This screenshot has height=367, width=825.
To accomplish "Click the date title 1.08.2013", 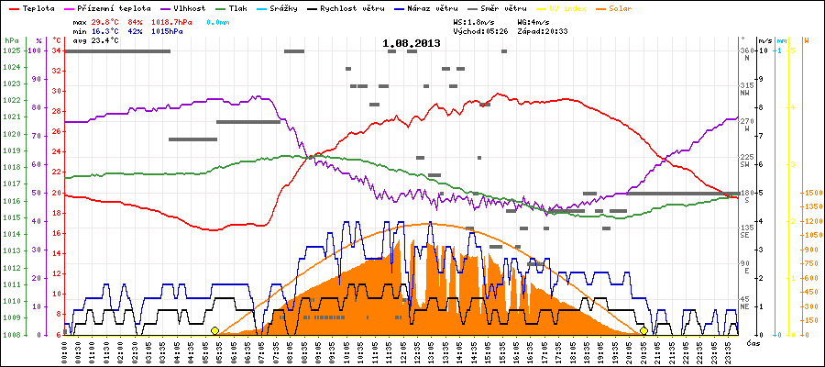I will (x=412, y=43).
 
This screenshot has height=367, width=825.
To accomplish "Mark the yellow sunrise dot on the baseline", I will (x=214, y=331).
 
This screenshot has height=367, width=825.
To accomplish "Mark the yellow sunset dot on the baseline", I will (x=643, y=331).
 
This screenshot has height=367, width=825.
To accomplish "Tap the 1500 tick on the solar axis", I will (x=811, y=194).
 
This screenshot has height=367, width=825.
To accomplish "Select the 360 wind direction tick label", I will (x=746, y=50).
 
